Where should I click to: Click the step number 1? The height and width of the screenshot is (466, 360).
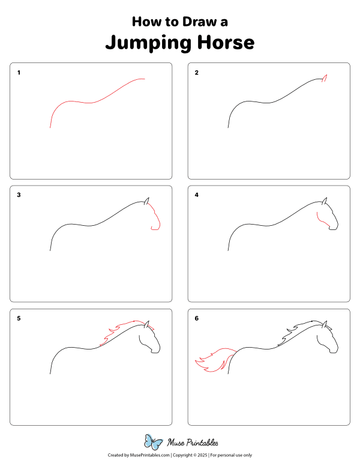[19, 73]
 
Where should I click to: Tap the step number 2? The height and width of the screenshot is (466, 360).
[196, 73]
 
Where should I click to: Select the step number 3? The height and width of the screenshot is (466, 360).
[19, 195]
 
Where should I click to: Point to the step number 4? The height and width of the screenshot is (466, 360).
[196, 195]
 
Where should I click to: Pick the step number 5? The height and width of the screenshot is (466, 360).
[19, 318]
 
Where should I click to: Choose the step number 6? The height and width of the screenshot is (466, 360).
[196, 318]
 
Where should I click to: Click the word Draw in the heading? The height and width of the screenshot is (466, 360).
[193, 22]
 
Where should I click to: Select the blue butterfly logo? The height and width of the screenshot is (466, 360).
[154, 443]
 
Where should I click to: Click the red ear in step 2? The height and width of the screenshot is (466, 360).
[325, 77]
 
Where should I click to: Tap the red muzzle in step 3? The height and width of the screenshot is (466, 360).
[157, 222]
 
